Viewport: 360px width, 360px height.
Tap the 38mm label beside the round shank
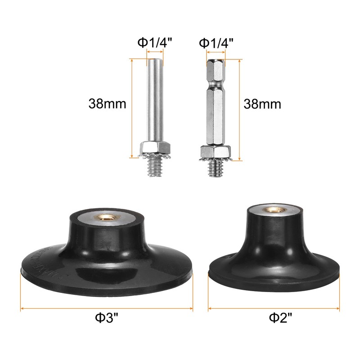pyautogui.click(x=107, y=104)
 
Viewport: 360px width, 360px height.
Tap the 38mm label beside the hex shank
pyautogui.click(x=262, y=104)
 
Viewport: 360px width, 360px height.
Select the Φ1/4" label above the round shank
pyautogui.click(x=155, y=43)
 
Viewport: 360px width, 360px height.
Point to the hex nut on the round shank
pyautogui.click(x=155, y=147)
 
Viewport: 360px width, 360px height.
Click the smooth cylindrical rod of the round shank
pyautogui.click(x=155, y=99)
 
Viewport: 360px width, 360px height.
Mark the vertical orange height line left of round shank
pyautogui.click(x=132, y=108)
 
